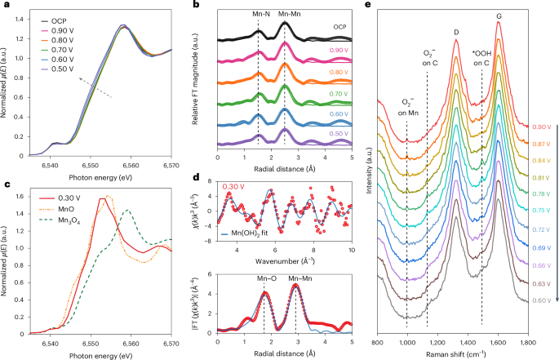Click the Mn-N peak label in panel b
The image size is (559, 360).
click(258, 13)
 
